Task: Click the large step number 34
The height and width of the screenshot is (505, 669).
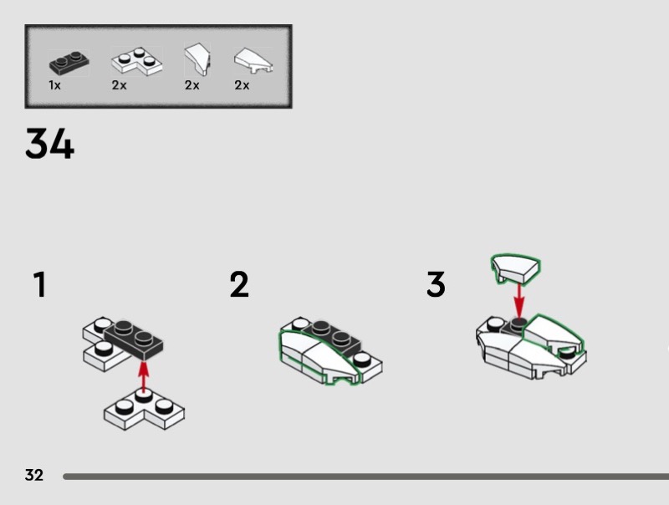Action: click(x=49, y=144)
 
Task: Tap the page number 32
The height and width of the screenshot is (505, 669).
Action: click(x=33, y=476)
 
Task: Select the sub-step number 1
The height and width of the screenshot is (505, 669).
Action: click(x=38, y=285)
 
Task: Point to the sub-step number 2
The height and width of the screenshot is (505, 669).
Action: click(x=239, y=285)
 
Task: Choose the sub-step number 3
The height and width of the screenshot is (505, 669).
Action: click(x=436, y=285)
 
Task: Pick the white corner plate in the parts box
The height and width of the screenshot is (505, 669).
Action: click(x=133, y=61)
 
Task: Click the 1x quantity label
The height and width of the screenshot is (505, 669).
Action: click(x=54, y=85)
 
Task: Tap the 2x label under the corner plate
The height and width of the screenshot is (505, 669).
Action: click(x=119, y=85)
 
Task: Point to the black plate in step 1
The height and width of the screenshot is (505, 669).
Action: click(x=134, y=336)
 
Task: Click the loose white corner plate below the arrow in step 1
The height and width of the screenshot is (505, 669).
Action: click(x=144, y=411)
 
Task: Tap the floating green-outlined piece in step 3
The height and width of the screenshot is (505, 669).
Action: click(x=515, y=268)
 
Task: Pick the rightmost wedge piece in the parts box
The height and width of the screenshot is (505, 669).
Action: click(x=252, y=60)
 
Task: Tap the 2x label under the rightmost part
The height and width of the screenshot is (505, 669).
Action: click(x=242, y=85)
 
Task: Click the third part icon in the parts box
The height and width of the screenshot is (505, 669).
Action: click(x=197, y=60)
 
